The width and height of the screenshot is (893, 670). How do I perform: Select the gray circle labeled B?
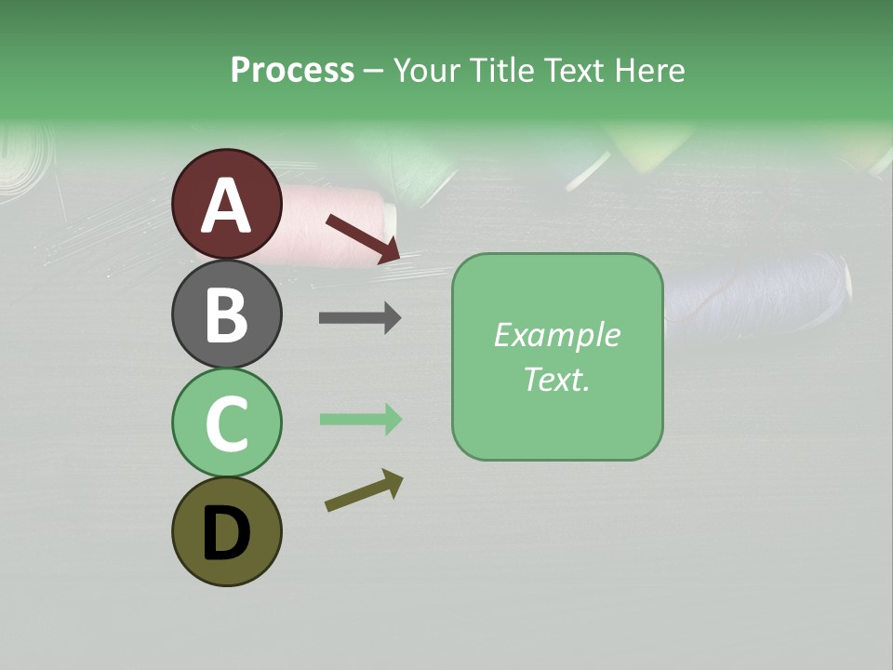[226, 314]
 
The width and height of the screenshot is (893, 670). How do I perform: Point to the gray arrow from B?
[360, 318]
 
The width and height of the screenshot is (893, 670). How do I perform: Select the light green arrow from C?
[360, 420]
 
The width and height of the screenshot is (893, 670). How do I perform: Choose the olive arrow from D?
[364, 491]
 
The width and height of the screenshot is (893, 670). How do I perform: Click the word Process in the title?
[292, 71]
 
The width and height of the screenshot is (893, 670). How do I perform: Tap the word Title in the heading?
[502, 71]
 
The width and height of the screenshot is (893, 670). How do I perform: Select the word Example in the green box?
[556, 335]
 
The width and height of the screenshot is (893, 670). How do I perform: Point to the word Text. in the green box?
[556, 380]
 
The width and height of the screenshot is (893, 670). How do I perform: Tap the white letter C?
[226, 423]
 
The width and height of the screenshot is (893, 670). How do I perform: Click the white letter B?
[226, 315]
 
